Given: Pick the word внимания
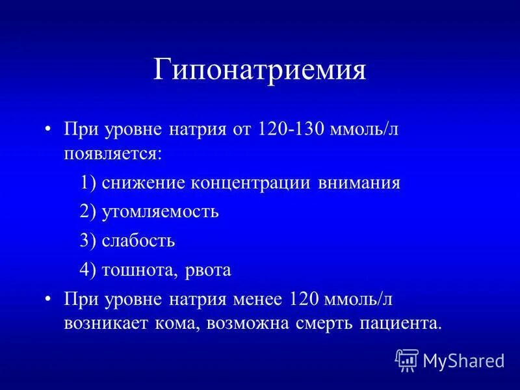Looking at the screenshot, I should [x=359, y=183].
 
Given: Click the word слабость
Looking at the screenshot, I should [x=138, y=241].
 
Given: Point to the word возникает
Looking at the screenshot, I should [x=100, y=322].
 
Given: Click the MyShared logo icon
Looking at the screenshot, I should [x=407, y=359].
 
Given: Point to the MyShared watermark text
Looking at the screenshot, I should [x=463, y=360].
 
